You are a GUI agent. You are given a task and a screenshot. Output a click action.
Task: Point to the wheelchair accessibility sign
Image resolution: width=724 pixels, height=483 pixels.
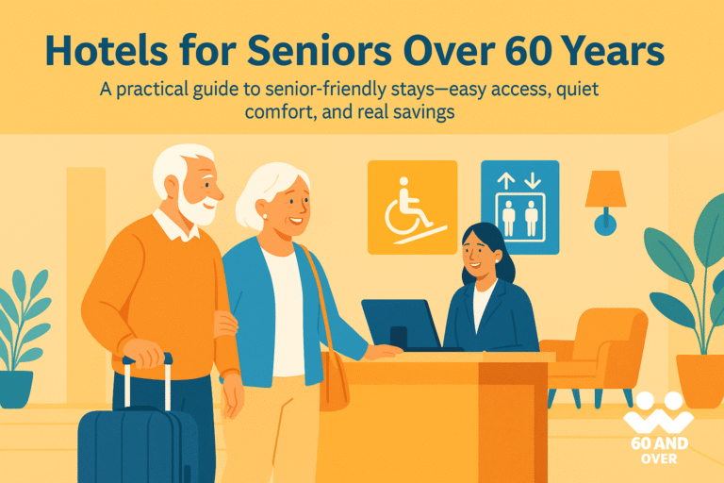412,208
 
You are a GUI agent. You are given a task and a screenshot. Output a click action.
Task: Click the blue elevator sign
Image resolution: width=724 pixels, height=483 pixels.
519,208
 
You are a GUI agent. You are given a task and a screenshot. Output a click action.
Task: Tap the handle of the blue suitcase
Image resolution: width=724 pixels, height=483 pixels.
147,361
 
